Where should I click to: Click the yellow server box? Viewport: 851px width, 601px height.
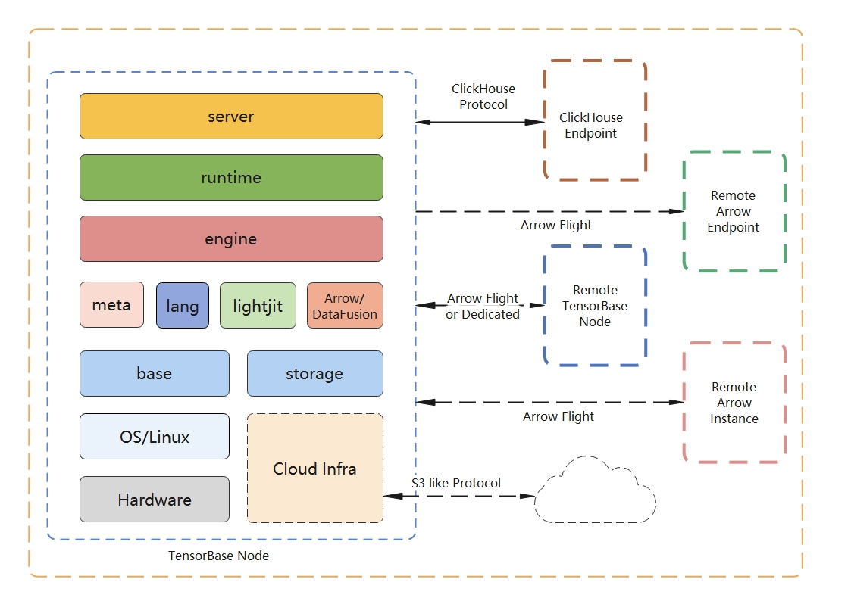pyautogui.click(x=231, y=117)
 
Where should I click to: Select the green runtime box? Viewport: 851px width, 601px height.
pyautogui.click(x=231, y=178)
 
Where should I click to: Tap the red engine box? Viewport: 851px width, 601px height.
pyautogui.click(x=231, y=239)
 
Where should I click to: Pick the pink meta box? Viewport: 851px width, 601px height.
pyautogui.click(x=111, y=305)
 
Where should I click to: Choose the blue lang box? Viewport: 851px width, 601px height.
pyautogui.click(x=183, y=306)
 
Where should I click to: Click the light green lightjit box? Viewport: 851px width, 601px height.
pyautogui.click(x=258, y=306)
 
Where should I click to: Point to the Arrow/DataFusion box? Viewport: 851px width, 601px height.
pyautogui.click(x=345, y=306)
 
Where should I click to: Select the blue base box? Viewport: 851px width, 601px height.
pyautogui.click(x=154, y=373)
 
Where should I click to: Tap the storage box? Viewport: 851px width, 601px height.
pyautogui.click(x=314, y=373)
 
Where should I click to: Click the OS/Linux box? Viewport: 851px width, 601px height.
pyautogui.click(x=154, y=437)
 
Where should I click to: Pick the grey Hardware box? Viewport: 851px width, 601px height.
pyautogui.click(x=154, y=500)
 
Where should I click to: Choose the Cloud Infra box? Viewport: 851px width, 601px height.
pyautogui.click(x=314, y=469)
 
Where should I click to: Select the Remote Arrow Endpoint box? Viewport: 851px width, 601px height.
pyautogui.click(x=734, y=211)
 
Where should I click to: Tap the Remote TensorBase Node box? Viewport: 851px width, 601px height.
pyautogui.click(x=595, y=306)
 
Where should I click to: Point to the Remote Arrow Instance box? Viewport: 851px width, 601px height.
pyautogui.click(x=734, y=403)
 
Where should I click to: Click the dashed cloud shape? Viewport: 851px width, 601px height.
pyautogui.click(x=595, y=493)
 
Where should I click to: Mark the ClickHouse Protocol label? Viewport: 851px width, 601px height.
pyautogui.click(x=483, y=97)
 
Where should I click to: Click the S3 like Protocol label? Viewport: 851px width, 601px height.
pyautogui.click(x=456, y=483)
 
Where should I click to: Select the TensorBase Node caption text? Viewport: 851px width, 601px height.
pyautogui.click(x=218, y=556)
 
